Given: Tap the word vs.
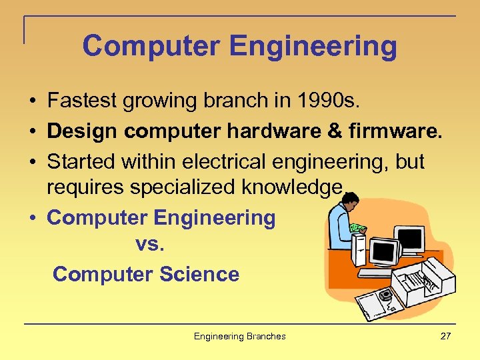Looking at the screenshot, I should coord(149,245).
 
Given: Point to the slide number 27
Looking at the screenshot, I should coord(445,336).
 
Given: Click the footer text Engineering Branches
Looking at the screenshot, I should coord(239,336).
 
